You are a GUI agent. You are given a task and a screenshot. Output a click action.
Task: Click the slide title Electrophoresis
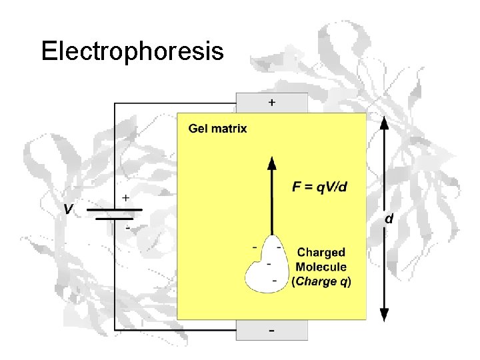(x=132, y=51)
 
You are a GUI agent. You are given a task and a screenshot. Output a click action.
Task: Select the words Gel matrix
(x=218, y=129)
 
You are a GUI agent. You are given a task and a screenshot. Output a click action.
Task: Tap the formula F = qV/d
(x=319, y=187)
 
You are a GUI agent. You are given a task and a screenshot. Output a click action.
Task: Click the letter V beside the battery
(x=68, y=210)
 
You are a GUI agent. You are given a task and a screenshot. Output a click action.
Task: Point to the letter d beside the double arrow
(x=389, y=219)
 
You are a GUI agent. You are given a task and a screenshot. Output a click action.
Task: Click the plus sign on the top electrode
(x=271, y=103)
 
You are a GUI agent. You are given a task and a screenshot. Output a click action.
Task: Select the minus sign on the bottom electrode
(x=271, y=331)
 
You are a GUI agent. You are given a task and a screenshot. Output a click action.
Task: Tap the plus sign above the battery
(x=125, y=199)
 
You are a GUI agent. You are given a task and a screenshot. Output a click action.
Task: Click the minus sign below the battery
(x=127, y=227)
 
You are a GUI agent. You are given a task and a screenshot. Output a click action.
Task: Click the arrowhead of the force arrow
(x=271, y=163)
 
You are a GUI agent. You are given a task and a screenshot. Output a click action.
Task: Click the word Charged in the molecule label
(x=321, y=253)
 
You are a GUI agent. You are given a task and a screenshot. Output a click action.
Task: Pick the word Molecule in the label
(x=321, y=267)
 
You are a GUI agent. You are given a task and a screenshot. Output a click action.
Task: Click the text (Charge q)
(x=321, y=281)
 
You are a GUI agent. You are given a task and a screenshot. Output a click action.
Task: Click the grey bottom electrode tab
(x=272, y=330)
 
